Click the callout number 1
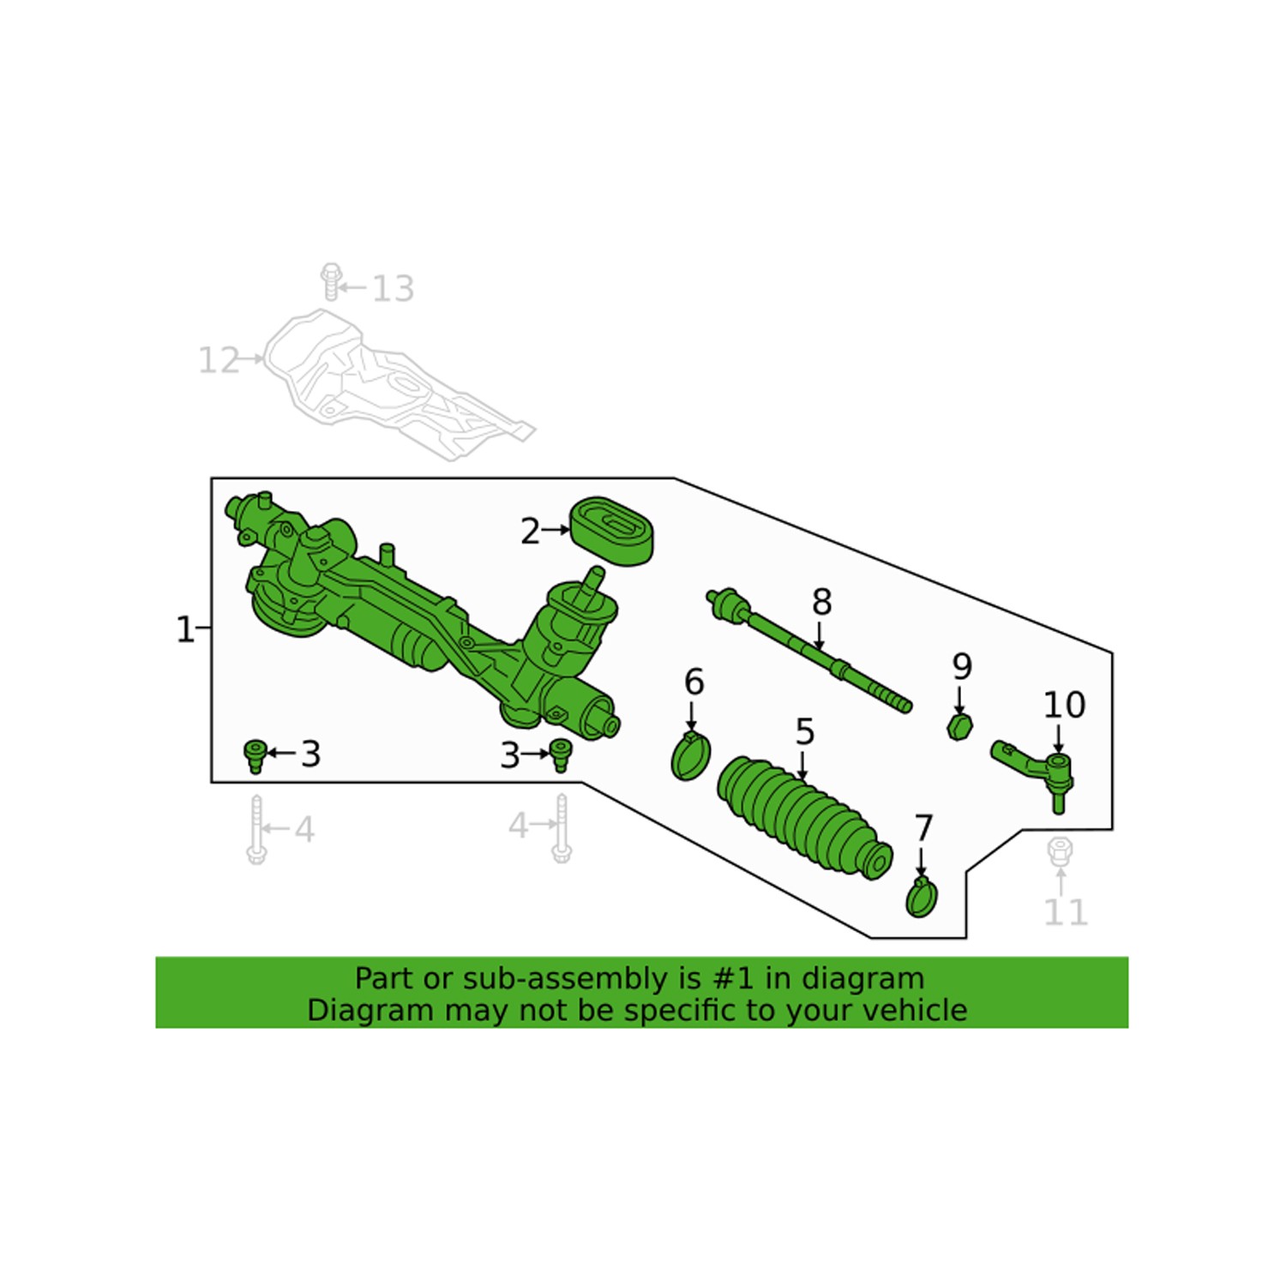pos(184,630)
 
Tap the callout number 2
pos(531,532)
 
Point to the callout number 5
pos(804,732)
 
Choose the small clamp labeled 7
pos(922,897)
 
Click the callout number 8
pos(821,602)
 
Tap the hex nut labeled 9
pos(959,728)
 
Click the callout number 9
pos(962,666)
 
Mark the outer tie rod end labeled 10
pos(1037,769)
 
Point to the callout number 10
pos(1064,705)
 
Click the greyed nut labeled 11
pos(1061,850)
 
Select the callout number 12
pos(219,360)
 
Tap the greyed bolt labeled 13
pos(331,283)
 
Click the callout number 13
pos(393,289)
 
